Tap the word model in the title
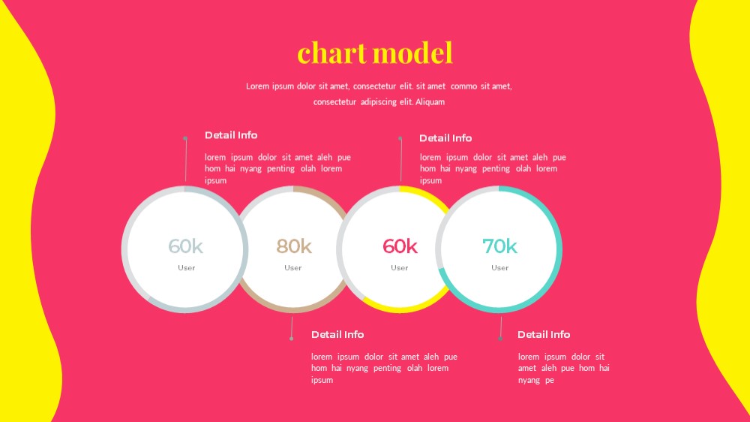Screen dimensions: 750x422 click(414, 53)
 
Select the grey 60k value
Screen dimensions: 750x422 click(185, 246)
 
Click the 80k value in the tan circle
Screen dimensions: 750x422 click(294, 246)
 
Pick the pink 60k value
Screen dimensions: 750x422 click(400, 246)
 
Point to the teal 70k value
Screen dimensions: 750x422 click(499, 246)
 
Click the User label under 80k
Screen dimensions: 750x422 click(292, 268)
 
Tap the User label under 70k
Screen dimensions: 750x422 click(499, 268)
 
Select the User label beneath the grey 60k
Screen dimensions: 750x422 click(187, 268)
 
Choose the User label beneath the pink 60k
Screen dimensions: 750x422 click(400, 268)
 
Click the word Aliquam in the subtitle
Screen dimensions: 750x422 click(430, 102)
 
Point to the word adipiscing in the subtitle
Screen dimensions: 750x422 click(378, 102)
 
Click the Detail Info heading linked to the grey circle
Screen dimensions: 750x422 click(231, 135)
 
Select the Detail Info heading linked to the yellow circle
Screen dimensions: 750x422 click(445, 138)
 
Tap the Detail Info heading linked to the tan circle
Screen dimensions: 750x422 click(337, 334)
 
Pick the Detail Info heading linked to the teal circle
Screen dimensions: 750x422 click(543, 334)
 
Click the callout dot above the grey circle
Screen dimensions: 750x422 click(185, 138)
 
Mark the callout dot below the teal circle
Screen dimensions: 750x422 click(499, 339)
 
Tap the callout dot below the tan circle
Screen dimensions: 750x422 click(291, 339)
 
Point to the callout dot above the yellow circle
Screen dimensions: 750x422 click(400, 138)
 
